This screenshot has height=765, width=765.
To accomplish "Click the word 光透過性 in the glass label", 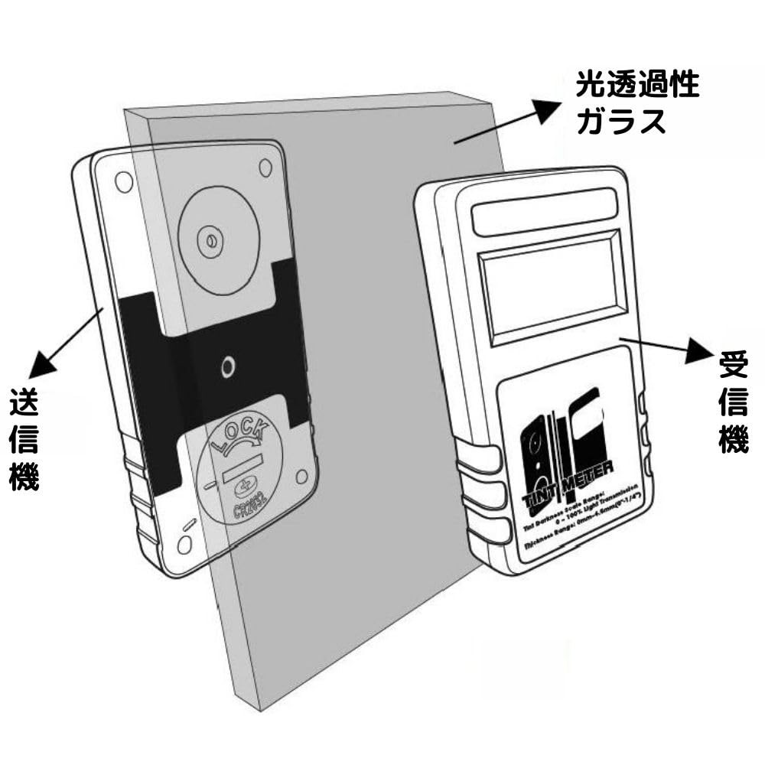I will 637,84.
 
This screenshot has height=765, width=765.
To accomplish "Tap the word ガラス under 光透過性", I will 620,122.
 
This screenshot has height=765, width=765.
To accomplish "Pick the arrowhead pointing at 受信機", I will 699,353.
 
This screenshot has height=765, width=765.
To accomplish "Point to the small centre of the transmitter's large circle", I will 207,243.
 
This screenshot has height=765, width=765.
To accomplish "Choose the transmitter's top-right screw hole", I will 265,167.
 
